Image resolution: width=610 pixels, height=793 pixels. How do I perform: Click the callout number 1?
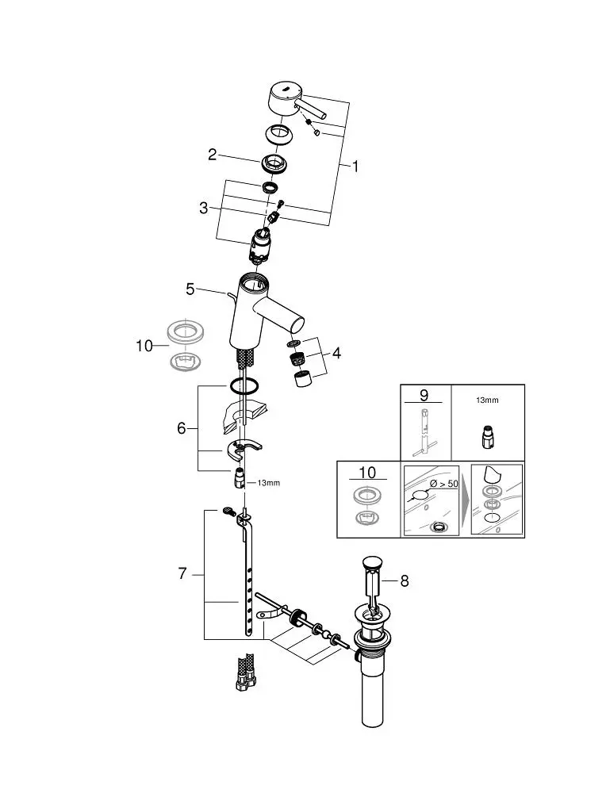(x=355, y=166)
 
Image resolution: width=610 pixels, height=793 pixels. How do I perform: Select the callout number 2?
(x=213, y=155)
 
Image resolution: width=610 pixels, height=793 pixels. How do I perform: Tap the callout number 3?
(x=203, y=207)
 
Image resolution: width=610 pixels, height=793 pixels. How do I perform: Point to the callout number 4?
(x=336, y=353)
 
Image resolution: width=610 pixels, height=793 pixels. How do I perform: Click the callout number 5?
(x=190, y=289)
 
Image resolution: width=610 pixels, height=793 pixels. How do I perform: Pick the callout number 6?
(x=182, y=428)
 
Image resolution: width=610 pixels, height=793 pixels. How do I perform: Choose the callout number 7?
(x=182, y=573)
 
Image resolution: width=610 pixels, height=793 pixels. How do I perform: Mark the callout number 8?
(x=404, y=581)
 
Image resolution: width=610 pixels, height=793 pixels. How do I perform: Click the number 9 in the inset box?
(x=424, y=394)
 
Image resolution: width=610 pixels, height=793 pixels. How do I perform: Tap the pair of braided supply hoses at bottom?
(x=244, y=672)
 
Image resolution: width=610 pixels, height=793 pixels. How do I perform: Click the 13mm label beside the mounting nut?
(x=269, y=483)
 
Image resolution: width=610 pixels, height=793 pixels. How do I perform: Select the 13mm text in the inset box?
(x=487, y=400)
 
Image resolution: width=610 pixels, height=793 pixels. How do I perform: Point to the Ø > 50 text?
(x=443, y=484)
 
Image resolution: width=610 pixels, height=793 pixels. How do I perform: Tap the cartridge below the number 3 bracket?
(x=261, y=245)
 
